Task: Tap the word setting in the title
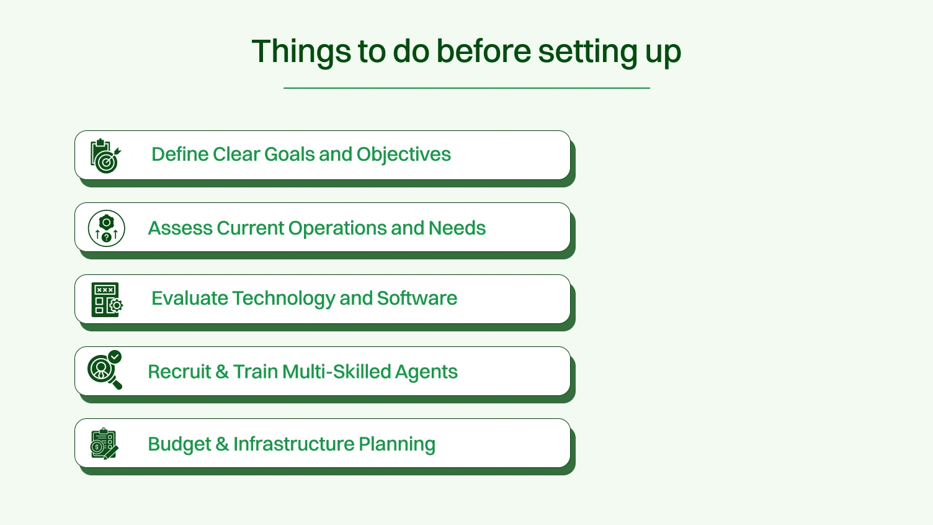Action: pyautogui.click(x=587, y=52)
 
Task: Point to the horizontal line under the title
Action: pyautogui.click(x=466, y=88)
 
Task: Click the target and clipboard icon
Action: pyautogui.click(x=105, y=156)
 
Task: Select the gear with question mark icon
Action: pyautogui.click(x=107, y=228)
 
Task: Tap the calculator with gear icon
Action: pyautogui.click(x=107, y=300)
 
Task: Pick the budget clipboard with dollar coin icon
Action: pyautogui.click(x=104, y=444)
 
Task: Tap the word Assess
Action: pyautogui.click(x=180, y=228)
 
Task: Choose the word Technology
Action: pyautogui.click(x=283, y=298)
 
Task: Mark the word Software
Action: pyautogui.click(x=417, y=298)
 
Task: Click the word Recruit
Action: pyautogui.click(x=179, y=372)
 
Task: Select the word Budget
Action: pyautogui.click(x=179, y=444)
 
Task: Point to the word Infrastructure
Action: pyautogui.click(x=293, y=444)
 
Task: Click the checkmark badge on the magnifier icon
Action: pyautogui.click(x=115, y=357)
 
